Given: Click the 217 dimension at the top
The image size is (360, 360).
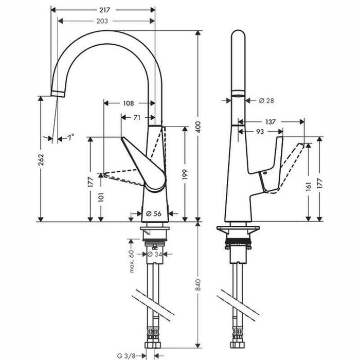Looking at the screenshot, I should (106, 9).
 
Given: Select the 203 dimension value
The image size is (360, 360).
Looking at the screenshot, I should (106, 21).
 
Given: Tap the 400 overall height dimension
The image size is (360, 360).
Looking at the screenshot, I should (205, 126).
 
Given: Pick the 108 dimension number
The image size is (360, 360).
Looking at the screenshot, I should (129, 103).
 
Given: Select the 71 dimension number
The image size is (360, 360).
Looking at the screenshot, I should (136, 117).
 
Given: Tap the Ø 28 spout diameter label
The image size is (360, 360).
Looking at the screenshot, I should (266, 100).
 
